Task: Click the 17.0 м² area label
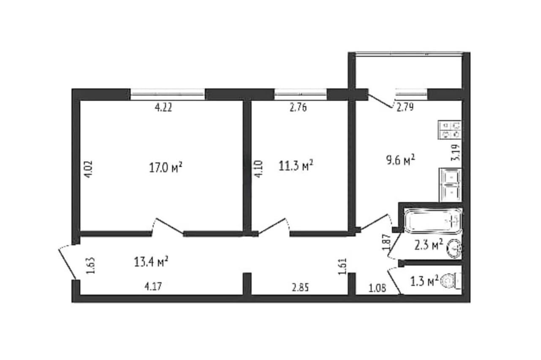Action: coord(166,168)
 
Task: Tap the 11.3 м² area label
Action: coord(296,166)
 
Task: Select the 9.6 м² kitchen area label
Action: coord(400,160)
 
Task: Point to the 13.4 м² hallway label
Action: coord(151,262)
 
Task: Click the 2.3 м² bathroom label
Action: coord(428,245)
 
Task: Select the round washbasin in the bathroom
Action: coord(454,248)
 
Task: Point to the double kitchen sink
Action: coord(450,185)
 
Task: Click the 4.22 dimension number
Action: coord(163,108)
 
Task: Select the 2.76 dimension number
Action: coord(298,108)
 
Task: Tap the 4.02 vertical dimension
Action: coord(89,168)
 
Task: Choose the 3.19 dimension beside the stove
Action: coord(456,152)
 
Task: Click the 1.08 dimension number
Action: coord(378,288)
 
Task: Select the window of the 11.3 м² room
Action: coord(301,94)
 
